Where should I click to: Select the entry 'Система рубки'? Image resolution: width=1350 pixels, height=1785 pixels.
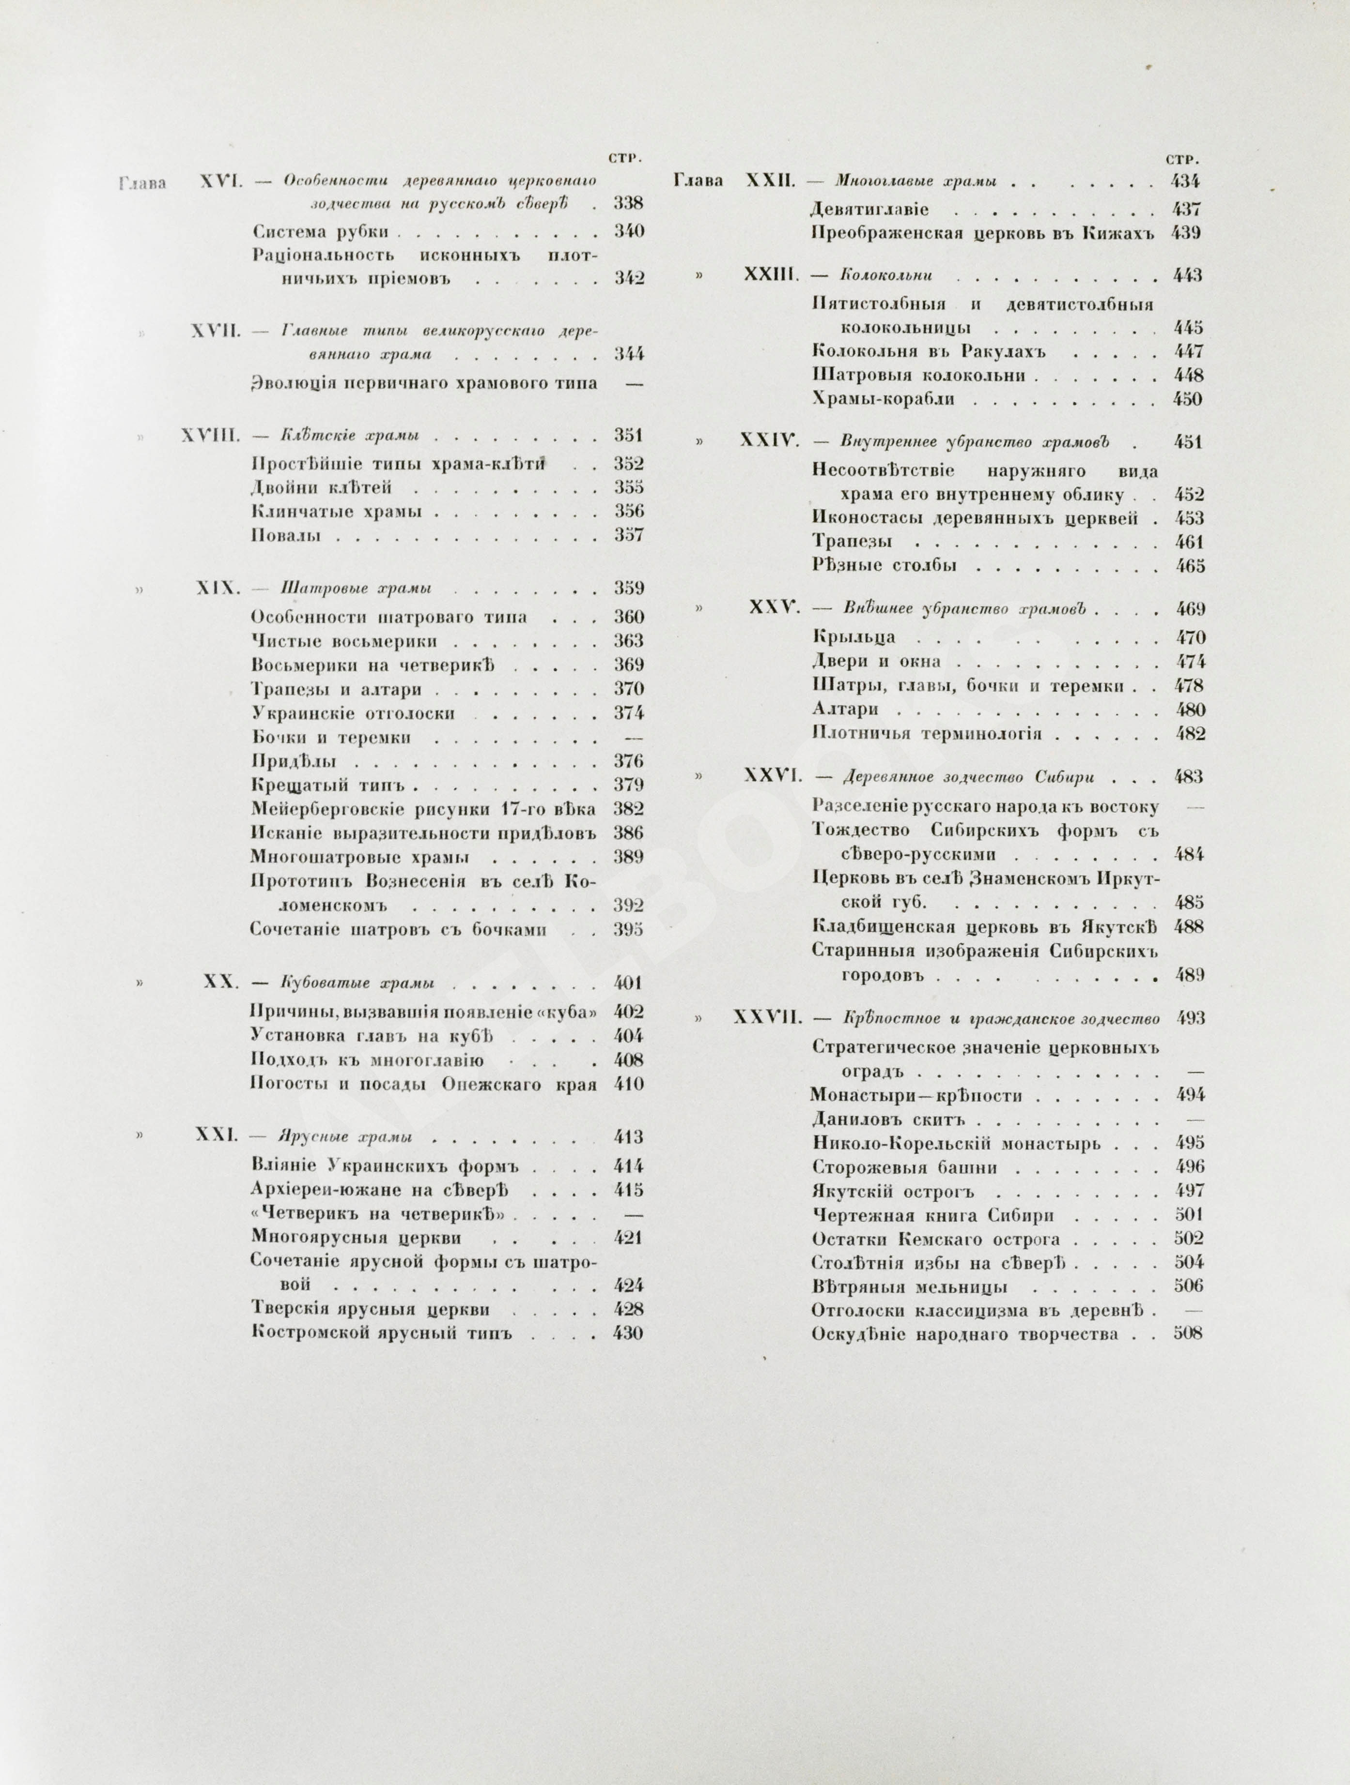321,232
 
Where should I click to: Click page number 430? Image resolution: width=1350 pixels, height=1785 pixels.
627,1333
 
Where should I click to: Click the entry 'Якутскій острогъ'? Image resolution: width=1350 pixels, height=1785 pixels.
893,1191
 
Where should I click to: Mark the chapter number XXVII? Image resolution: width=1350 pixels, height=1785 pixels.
765,1018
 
